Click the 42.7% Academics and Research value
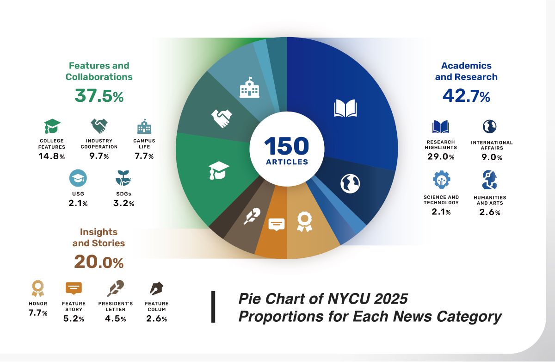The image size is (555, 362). [466, 96]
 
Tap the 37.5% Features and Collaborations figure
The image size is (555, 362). [99, 96]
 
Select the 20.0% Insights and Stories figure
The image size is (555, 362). [99, 262]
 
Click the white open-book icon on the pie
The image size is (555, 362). [345, 108]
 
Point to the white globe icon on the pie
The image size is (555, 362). [350, 184]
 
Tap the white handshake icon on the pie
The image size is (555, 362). [222, 118]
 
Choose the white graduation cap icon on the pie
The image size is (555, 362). [219, 170]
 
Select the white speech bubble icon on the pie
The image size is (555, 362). [277, 224]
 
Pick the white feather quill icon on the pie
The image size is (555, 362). [252, 216]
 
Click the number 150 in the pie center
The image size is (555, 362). [287, 146]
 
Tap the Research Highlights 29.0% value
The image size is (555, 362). [440, 157]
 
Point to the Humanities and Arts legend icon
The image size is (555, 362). [489, 180]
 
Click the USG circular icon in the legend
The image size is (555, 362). [78, 179]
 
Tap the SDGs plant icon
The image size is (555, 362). [123, 178]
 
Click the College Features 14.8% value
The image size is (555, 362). [51, 156]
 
